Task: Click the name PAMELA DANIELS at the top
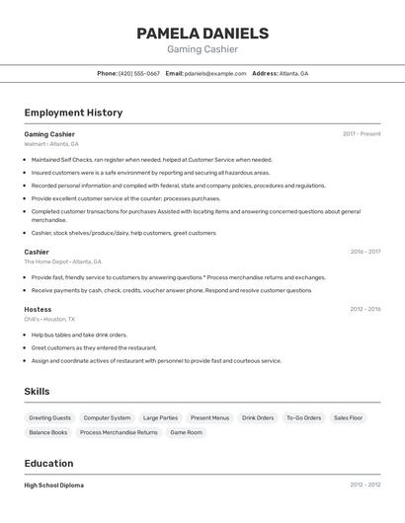point(202,34)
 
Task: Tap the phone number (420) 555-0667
point(138,73)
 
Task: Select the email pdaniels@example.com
point(215,73)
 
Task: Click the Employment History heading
point(73,112)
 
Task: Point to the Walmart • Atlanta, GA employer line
point(51,144)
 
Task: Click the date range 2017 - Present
point(362,134)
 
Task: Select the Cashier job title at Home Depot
point(37,252)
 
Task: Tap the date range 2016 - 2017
point(364,252)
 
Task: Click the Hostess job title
point(38,309)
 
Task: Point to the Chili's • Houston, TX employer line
point(49,319)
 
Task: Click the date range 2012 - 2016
point(364,309)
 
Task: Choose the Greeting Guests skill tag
point(50,417)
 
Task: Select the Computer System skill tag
point(107,417)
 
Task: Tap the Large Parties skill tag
point(160,417)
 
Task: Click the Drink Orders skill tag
point(258,417)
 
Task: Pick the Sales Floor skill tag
point(348,417)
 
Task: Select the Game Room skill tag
point(186,432)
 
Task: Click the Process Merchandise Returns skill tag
point(119,432)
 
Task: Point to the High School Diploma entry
point(53,486)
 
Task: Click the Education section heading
point(48,463)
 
